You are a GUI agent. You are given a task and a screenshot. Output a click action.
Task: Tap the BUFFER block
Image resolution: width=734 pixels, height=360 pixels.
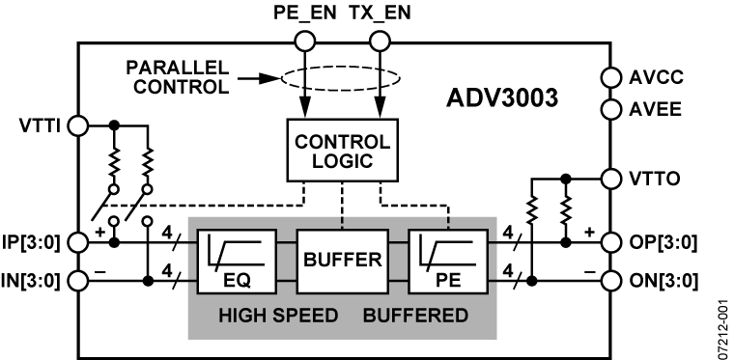click(344, 261)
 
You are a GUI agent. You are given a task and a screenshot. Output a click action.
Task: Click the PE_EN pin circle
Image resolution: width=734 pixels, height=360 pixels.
click(305, 41)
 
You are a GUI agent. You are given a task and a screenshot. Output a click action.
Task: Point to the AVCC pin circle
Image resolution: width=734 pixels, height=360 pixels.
click(610, 76)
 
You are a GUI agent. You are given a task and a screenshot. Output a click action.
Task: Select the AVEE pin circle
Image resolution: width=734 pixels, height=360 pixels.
click(610, 109)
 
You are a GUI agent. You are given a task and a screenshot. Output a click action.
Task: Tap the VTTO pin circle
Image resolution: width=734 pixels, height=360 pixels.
click(610, 179)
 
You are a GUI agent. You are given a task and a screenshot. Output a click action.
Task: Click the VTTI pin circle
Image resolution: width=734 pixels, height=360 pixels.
click(76, 125)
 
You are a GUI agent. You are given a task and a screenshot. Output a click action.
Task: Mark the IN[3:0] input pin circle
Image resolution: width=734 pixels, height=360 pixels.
click(76, 281)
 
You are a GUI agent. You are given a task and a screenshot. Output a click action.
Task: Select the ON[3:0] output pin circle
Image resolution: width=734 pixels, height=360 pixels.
click(610, 281)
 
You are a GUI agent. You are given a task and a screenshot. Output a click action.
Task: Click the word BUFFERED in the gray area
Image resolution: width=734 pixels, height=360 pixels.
click(415, 316)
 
